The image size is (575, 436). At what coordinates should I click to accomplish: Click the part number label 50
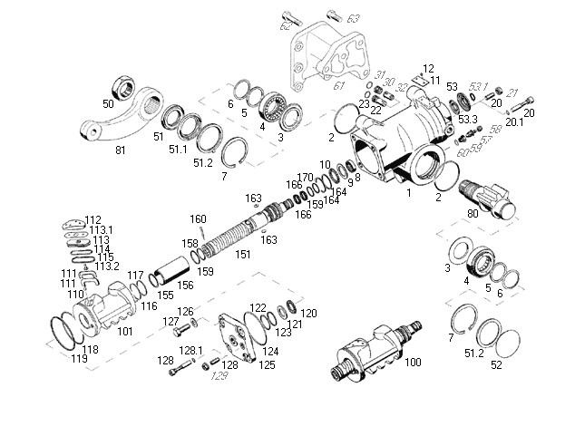pos(108,104)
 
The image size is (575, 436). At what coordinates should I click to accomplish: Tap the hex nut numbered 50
pos(119,86)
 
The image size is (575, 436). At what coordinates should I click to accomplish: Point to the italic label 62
pos(286,26)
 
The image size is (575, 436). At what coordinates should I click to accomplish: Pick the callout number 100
pos(413,363)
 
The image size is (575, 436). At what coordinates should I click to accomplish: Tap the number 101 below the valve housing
pos(125,331)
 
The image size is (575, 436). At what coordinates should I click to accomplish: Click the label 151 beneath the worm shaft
pos(243,255)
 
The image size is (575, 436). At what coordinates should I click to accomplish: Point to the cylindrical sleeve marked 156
pos(171,269)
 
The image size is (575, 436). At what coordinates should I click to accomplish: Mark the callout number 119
pos(81,359)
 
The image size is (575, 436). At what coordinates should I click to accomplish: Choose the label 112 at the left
pos(93,219)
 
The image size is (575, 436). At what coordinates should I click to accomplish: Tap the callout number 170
pos(306,178)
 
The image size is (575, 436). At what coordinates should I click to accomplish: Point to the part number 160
pos(198,218)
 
